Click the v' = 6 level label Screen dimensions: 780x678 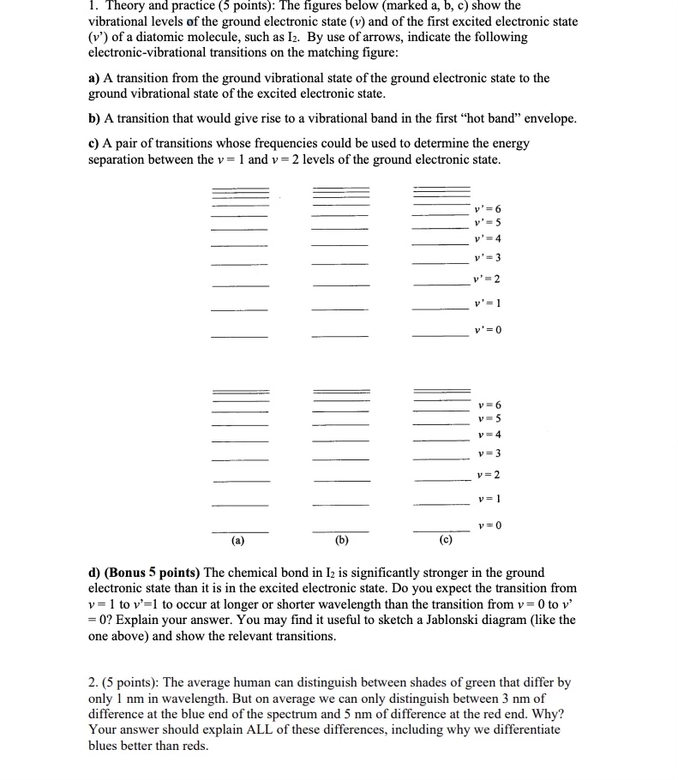tap(487, 209)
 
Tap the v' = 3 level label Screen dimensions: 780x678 tap(487, 258)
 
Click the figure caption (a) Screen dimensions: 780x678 tap(237, 541)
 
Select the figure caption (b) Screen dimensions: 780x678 tap(341, 541)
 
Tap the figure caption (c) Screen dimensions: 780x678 tap(445, 541)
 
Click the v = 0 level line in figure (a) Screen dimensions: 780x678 tap(240, 531)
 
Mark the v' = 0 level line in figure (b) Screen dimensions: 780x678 tap(340, 335)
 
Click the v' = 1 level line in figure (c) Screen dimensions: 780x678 tap(440, 309)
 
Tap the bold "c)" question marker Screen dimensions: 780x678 tap(94, 143)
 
